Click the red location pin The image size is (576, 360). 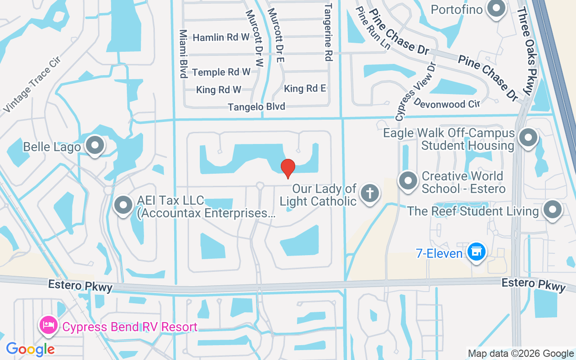[x=288, y=168]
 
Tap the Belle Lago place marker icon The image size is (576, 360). [x=95, y=145]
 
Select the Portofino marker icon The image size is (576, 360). [x=496, y=9]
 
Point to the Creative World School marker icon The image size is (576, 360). [x=408, y=181]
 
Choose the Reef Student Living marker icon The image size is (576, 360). [x=552, y=210]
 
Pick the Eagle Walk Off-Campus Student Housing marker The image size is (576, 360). [x=528, y=138]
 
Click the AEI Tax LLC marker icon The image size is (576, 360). [x=123, y=205]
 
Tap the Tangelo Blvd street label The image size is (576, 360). [x=256, y=107]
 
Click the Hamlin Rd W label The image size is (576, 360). [x=221, y=37]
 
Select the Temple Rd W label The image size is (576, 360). [x=221, y=72]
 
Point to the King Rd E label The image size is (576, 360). [x=305, y=89]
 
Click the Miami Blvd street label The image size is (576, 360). [x=183, y=54]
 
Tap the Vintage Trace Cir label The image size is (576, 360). [x=31, y=85]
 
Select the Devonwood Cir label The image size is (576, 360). [x=447, y=103]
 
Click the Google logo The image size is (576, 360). [x=30, y=349]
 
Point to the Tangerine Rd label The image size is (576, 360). [x=328, y=32]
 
